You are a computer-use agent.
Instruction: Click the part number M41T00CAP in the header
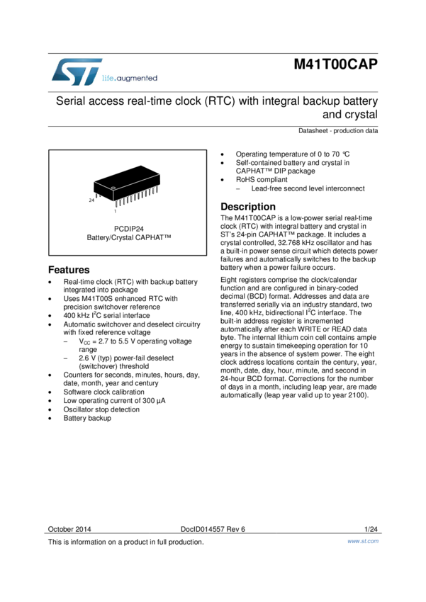tap(336, 65)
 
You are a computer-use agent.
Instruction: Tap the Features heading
tap(69, 270)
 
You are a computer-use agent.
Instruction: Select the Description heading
tap(248, 207)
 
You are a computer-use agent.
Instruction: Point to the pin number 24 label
tap(91, 200)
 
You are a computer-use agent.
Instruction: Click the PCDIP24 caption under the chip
tap(129, 229)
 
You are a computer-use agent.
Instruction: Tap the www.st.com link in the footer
tap(362, 541)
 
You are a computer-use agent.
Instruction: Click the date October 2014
tap(69, 529)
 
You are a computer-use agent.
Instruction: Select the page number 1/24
tap(371, 529)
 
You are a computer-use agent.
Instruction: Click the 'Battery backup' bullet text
tap(87, 418)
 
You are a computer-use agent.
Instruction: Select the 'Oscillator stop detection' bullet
tap(101, 409)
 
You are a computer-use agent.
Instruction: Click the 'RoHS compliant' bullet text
tap(262, 180)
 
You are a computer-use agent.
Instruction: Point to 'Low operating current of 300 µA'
tap(114, 400)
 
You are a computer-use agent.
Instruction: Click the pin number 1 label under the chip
tap(115, 211)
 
